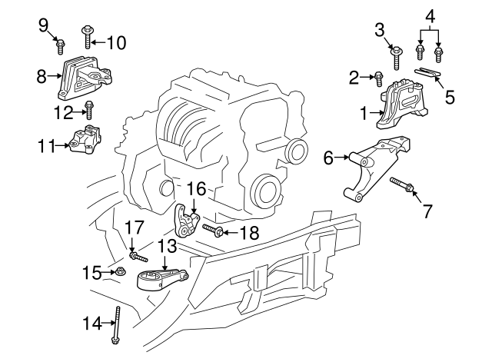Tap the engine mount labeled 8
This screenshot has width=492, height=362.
click(85, 78)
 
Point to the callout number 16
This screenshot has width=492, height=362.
click(196, 188)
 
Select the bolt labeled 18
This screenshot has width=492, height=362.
click(213, 230)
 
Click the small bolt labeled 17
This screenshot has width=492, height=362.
click(137, 253)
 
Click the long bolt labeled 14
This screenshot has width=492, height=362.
click(118, 326)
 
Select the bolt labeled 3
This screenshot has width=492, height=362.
click(398, 56)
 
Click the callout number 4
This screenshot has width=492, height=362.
click(430, 15)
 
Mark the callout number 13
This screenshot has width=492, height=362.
click(168, 246)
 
